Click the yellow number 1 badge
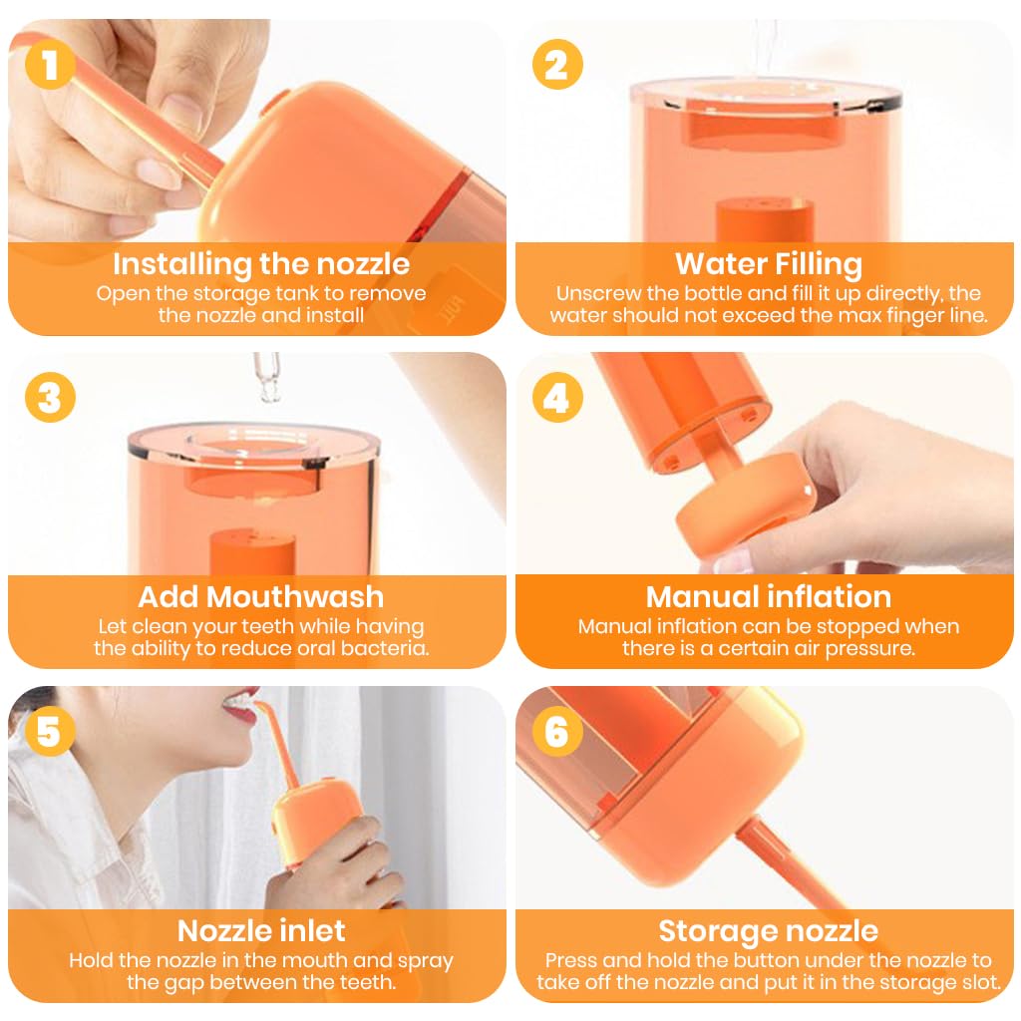pos(50,65)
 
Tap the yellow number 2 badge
pos(557,65)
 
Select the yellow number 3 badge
pos(50,397)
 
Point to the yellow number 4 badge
pos(557,397)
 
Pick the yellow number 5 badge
pos(50,731)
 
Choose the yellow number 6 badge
pos(557,731)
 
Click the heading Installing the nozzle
pos(261,264)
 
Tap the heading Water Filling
pos(769,264)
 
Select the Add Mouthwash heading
pos(261,597)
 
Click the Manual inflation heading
pos(769,597)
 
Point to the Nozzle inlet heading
pos(261,931)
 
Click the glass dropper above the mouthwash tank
pos(267,377)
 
